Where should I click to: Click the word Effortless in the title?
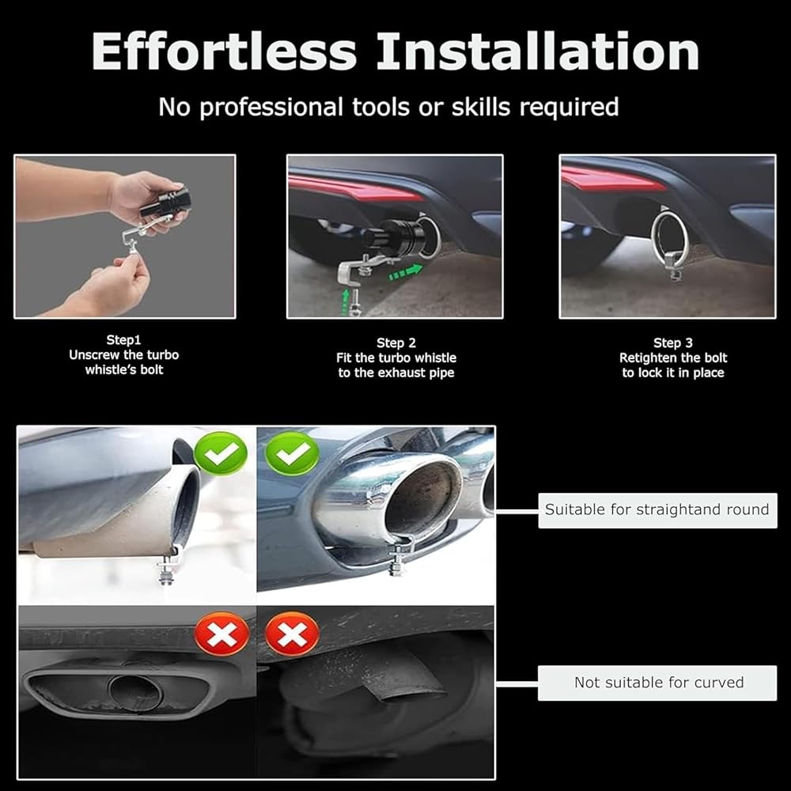click(225, 51)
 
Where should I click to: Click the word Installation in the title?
click(538, 51)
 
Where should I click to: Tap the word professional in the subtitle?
click(271, 108)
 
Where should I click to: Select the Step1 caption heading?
click(123, 340)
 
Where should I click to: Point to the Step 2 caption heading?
click(396, 343)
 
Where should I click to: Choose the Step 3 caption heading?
click(673, 343)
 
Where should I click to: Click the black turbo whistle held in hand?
click(165, 203)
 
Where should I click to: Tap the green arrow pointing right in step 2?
click(405, 272)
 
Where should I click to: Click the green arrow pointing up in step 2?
click(346, 301)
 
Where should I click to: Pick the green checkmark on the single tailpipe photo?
click(221, 453)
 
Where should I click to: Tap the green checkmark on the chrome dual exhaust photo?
click(292, 453)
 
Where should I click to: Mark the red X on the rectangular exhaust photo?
click(222, 634)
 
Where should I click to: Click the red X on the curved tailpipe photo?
click(292, 634)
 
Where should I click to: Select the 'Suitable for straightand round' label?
click(657, 510)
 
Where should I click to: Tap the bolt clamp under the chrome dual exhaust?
click(400, 556)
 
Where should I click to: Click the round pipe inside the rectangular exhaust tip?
click(134, 693)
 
